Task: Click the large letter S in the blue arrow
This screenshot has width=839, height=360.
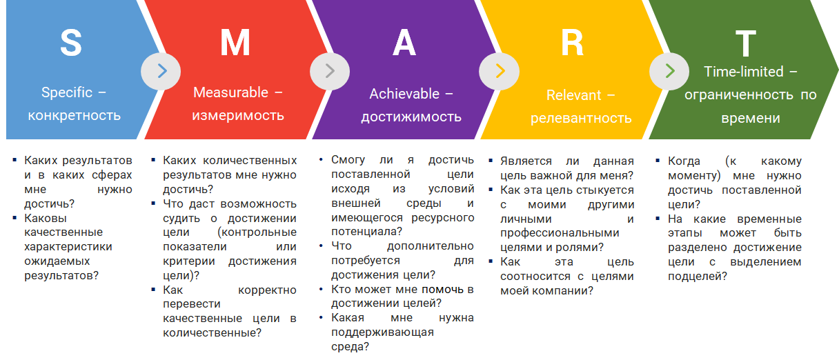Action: [71, 43]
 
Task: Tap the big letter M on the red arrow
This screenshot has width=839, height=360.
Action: [235, 43]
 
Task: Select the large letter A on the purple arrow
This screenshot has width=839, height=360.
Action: [404, 43]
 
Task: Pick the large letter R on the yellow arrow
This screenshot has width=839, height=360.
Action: [572, 43]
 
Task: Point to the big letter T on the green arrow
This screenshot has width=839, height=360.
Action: [745, 43]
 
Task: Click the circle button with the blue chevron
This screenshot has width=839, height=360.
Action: [161, 71]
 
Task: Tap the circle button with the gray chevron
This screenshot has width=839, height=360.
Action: [330, 71]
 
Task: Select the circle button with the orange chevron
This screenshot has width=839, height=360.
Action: [499, 71]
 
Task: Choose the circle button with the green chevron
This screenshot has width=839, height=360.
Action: [669, 71]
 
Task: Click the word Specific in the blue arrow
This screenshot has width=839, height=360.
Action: [67, 93]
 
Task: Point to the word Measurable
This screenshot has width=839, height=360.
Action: [230, 92]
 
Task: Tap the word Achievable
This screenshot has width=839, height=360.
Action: [404, 94]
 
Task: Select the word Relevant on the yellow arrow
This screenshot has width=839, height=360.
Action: [573, 95]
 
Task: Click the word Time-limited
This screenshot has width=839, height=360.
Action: [744, 72]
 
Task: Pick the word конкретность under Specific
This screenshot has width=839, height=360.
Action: [74, 116]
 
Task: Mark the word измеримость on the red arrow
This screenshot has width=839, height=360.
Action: [238, 116]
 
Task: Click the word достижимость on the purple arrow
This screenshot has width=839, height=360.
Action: [411, 117]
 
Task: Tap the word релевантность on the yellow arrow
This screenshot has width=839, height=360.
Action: [581, 119]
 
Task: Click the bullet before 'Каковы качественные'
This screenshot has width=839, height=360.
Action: [14, 218]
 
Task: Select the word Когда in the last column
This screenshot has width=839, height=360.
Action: [684, 161]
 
